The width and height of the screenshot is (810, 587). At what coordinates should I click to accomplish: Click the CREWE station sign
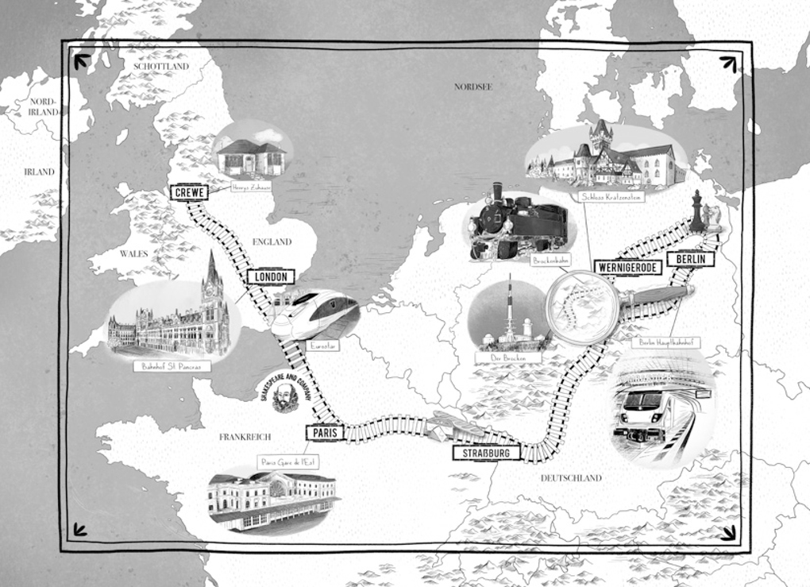pyautogui.click(x=189, y=192)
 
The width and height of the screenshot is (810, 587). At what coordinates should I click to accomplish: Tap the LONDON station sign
pyautogui.click(x=271, y=276)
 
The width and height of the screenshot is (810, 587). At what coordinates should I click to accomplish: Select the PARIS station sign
pyautogui.click(x=326, y=433)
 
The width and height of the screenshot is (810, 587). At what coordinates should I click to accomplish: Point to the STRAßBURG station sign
pyautogui.click(x=486, y=453)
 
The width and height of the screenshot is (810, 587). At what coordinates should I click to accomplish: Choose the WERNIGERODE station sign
pyautogui.click(x=627, y=268)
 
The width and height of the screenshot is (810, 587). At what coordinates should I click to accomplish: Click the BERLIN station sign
pyautogui.click(x=690, y=259)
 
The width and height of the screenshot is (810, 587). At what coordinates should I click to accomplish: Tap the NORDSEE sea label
pyautogui.click(x=473, y=87)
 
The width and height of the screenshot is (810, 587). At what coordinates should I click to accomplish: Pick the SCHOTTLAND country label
pyautogui.click(x=161, y=67)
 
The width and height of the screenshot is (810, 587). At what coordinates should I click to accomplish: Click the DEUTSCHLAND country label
pyautogui.click(x=571, y=478)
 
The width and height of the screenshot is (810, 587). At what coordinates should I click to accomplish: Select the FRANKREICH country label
pyautogui.click(x=245, y=437)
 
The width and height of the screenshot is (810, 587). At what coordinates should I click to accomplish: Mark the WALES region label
pyautogui.click(x=133, y=254)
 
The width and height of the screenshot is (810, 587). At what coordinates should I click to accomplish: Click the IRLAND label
pyautogui.click(x=39, y=172)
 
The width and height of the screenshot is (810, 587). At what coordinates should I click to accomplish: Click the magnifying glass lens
pyautogui.click(x=582, y=307)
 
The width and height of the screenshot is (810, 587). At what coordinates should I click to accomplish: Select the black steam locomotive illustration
pyautogui.click(x=518, y=222)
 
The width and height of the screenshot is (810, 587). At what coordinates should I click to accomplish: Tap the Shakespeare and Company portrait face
pyautogui.click(x=284, y=395)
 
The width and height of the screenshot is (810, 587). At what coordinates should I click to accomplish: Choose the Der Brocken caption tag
pyautogui.click(x=508, y=358)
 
